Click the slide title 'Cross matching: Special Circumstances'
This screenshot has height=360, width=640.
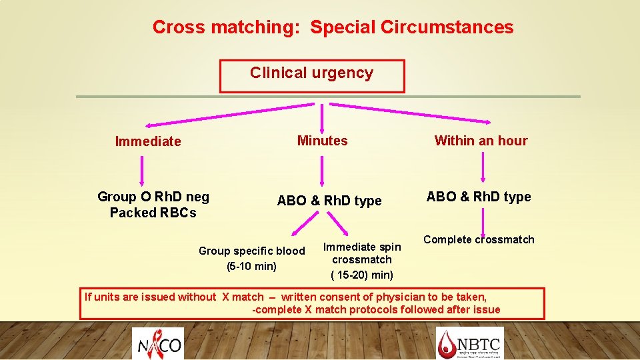[x=333, y=27]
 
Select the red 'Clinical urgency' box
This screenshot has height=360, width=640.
[x=312, y=76]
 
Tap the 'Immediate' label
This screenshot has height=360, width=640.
[x=148, y=141]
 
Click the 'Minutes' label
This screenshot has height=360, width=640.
[x=322, y=141]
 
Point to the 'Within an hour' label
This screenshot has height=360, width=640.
[x=481, y=141]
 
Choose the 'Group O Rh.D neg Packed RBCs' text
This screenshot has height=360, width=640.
[x=153, y=205]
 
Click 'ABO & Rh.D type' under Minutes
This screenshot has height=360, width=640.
[x=329, y=201]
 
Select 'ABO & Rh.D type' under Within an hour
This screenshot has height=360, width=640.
[x=479, y=197]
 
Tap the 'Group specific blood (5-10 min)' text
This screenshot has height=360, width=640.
[x=251, y=259]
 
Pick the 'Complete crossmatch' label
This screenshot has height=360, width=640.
[x=479, y=239]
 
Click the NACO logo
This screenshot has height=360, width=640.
[x=157, y=343]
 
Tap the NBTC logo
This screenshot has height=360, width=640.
[x=469, y=343]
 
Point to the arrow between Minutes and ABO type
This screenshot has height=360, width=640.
[x=322, y=170]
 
